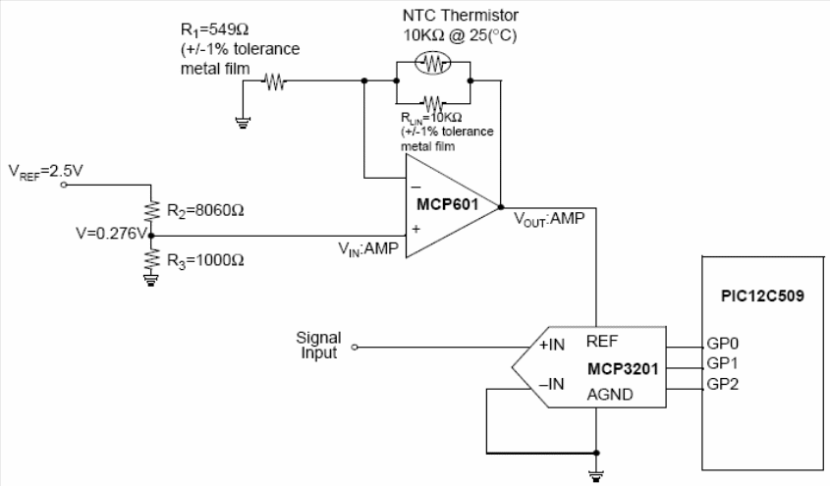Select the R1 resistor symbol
pyautogui.click(x=275, y=82)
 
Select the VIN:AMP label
pyautogui.click(x=368, y=249)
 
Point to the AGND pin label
pyautogui.click(x=608, y=395)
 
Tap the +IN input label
pyautogui.click(x=550, y=346)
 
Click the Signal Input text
pyautogui.click(x=318, y=345)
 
